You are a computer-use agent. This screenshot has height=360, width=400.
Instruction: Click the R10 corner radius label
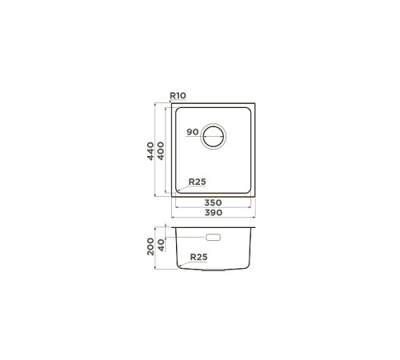pos(178,95)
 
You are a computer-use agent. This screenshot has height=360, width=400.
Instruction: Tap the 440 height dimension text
pos(150,151)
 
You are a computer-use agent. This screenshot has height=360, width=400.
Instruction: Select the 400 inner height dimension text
pos(161,151)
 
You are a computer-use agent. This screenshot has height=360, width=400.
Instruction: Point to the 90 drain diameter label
pos(193,132)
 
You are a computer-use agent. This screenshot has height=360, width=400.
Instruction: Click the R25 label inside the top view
pos(198,182)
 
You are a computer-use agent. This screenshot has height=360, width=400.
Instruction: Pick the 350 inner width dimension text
pos(213,202)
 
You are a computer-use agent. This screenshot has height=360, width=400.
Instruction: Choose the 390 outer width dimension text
pos(214,213)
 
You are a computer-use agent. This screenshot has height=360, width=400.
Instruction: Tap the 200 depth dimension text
pos(150,246)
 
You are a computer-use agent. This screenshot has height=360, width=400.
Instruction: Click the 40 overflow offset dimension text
pos(161,245)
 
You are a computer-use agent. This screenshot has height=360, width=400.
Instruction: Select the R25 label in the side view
pos(198,257)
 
